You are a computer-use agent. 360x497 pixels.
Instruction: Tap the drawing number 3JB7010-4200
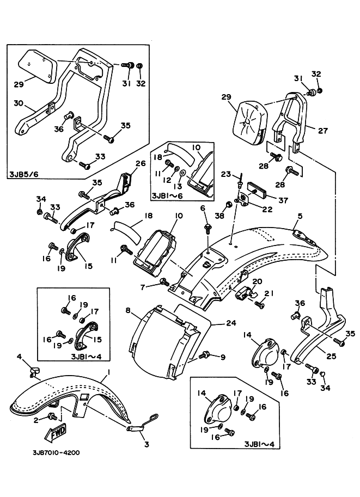tap(57, 452)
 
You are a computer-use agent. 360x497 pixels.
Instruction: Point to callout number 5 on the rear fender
tap(300, 216)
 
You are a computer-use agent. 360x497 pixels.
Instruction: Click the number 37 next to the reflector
tap(283, 200)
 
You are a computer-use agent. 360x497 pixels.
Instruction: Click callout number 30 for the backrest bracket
tap(19, 103)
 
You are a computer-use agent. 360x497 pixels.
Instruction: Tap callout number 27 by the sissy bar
tap(322, 130)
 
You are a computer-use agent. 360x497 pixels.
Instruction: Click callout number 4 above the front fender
tap(20, 357)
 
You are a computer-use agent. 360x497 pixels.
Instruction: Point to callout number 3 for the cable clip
tap(146, 445)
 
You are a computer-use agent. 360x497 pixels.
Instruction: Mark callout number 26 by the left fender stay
tap(141, 163)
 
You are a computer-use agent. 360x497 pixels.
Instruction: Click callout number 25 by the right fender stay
tap(331, 356)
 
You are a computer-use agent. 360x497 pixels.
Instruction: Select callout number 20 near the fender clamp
tap(257, 281)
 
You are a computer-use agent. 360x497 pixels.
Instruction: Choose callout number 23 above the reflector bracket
tap(226, 174)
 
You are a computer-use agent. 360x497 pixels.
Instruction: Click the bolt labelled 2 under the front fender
tap(51, 416)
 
